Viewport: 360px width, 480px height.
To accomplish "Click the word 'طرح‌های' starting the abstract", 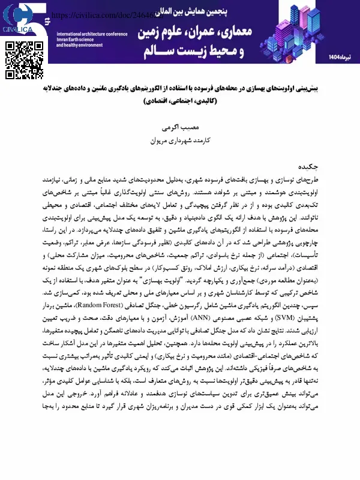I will click(x=337, y=178).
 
